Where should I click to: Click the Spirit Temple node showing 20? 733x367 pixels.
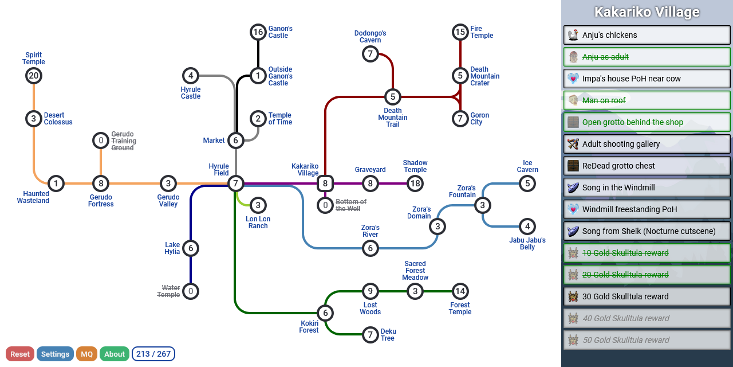(x=34, y=76)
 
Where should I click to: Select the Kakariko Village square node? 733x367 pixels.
(x=325, y=183)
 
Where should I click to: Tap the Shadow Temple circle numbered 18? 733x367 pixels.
(x=415, y=183)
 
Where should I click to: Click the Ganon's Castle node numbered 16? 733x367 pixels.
(x=258, y=32)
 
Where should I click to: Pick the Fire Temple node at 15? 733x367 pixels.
(x=460, y=32)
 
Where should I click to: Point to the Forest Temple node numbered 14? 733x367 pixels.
(x=460, y=291)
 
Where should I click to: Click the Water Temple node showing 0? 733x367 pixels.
(x=191, y=291)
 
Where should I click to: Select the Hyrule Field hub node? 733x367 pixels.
(x=235, y=183)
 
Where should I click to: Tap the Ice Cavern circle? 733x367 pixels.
(x=527, y=183)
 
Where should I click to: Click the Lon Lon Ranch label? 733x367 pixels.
(x=258, y=222)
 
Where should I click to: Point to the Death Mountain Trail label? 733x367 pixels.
(x=393, y=118)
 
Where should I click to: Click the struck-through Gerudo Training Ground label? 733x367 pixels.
(x=124, y=141)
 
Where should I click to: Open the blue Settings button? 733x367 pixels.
(x=55, y=354)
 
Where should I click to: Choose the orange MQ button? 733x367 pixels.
(x=86, y=354)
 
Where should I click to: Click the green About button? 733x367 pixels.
(x=115, y=354)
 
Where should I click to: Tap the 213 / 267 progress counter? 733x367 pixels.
(x=153, y=354)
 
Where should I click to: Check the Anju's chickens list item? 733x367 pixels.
(x=647, y=35)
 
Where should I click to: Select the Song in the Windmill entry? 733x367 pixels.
(x=647, y=188)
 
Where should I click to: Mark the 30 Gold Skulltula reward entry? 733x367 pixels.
(x=647, y=296)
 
